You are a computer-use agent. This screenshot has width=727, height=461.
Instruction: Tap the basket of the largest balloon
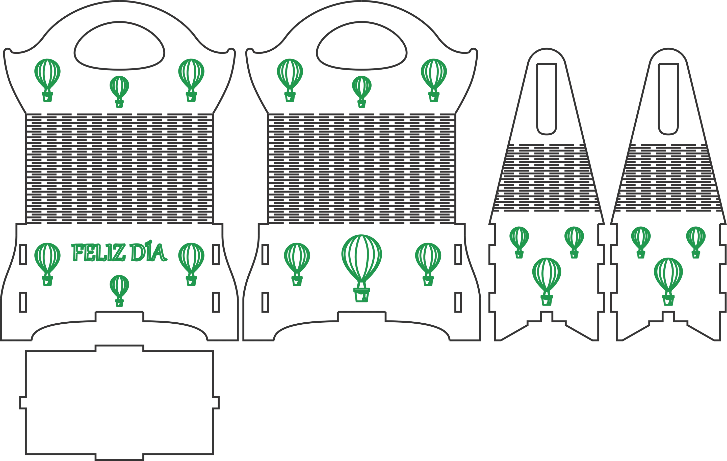click(x=362, y=295)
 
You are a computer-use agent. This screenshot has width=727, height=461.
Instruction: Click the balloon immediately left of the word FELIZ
click(x=47, y=264)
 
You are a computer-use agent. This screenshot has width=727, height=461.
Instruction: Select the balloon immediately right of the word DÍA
click(x=191, y=264)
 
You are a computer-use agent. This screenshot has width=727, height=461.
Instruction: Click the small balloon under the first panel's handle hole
click(x=120, y=91)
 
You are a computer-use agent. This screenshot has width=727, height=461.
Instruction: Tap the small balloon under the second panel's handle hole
click(x=362, y=91)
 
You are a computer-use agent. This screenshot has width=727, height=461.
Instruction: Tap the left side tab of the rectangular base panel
click(x=23, y=403)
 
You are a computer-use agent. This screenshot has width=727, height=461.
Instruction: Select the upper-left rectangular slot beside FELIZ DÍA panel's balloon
click(x=23, y=255)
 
